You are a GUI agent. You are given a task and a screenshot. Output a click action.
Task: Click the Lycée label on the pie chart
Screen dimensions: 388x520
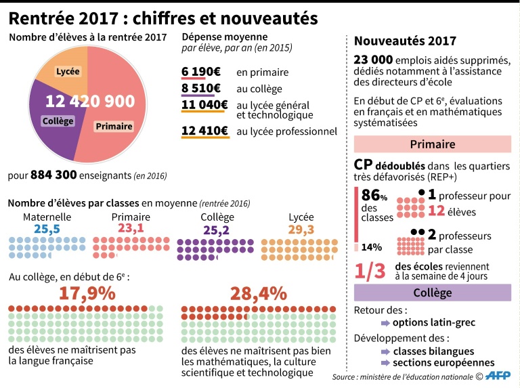coord(68,72)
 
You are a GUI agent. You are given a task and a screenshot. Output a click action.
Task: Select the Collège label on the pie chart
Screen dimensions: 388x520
coord(58,121)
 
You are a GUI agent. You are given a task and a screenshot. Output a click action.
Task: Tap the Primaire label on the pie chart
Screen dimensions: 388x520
coord(113,127)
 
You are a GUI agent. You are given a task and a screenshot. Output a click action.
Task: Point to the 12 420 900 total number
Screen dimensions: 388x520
coord(90,101)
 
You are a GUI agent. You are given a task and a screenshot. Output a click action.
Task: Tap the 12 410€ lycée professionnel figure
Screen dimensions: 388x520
coord(204,131)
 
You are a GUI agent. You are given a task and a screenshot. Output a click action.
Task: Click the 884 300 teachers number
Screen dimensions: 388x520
coord(53,175)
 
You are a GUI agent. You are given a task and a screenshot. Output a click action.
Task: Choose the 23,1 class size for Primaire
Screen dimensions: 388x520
coord(131,229)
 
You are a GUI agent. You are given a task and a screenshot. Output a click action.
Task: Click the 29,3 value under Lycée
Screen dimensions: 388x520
coord(301,230)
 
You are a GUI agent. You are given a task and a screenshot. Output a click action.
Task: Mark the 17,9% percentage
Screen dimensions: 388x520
coord(86,293)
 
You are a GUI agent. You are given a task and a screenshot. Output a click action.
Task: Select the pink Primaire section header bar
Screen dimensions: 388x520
coord(433,144)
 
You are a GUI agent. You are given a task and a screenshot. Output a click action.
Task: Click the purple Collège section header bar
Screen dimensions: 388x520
coord(433,293)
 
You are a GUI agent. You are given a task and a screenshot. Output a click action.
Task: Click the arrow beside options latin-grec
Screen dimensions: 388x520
coord(385,323)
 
